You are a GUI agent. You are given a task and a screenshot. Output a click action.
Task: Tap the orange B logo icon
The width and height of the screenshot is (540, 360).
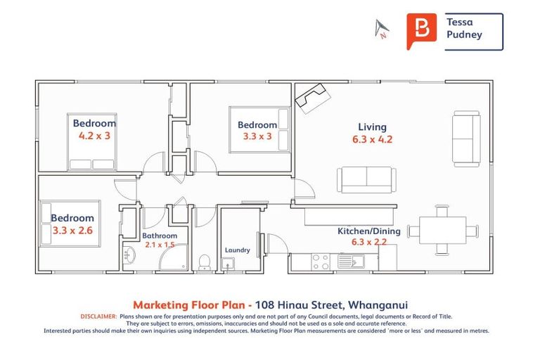(421, 31)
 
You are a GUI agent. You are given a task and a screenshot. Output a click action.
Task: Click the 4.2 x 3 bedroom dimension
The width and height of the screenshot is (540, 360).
(94, 136)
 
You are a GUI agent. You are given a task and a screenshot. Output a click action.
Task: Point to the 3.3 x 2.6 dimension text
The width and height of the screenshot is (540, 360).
(73, 230)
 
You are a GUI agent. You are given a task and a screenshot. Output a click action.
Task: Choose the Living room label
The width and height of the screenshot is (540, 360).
(372, 127)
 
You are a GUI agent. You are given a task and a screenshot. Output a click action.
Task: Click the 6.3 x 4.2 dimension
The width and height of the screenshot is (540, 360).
(372, 139)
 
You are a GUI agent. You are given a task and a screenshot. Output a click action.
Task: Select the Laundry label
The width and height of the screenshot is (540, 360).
(237, 250)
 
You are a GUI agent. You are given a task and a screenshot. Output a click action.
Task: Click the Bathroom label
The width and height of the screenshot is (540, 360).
(160, 236)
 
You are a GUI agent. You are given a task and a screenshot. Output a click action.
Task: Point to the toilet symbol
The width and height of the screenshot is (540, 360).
(205, 262)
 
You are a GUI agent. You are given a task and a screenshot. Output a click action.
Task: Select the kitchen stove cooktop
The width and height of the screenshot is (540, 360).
(321, 262)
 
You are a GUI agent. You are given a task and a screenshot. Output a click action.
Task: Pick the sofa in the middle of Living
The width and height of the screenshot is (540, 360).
(364, 179)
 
